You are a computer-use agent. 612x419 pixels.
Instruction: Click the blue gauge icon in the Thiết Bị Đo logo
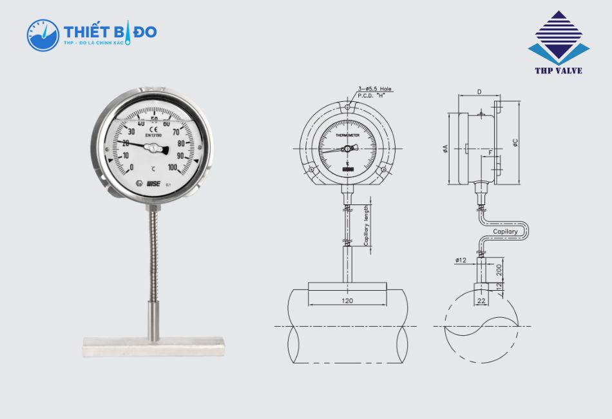[x=43, y=35]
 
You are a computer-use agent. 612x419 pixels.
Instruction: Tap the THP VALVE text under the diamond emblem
[x=559, y=70]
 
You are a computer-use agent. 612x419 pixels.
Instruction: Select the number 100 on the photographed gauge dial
[x=173, y=168]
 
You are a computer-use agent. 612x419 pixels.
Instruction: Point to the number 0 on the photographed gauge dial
[x=131, y=168]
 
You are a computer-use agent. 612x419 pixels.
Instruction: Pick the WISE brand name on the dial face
[x=154, y=184]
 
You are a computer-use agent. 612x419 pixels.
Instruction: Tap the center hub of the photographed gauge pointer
[x=153, y=149]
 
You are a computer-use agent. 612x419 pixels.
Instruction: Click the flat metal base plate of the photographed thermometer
[x=153, y=349]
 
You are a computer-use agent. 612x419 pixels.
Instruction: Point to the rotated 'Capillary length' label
[x=366, y=225]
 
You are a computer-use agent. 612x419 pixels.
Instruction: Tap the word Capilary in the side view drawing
[x=505, y=231]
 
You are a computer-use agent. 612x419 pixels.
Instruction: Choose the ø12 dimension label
[x=461, y=260]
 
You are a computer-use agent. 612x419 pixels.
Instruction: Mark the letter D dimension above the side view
[x=479, y=92]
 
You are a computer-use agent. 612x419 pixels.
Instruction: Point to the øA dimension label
[x=446, y=150]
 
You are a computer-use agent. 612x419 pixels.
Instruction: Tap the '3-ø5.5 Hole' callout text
[x=374, y=89]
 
